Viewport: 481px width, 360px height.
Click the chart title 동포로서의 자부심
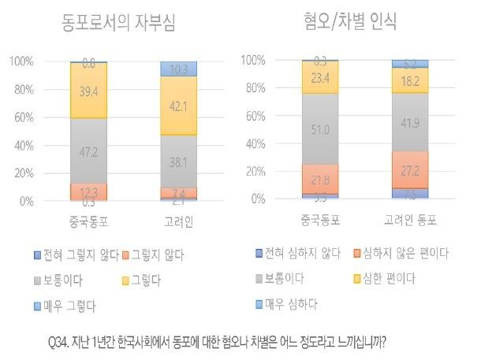pos(118,22)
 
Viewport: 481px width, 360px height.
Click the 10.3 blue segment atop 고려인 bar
pos(178,69)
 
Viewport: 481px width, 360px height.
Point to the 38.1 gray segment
pos(178,161)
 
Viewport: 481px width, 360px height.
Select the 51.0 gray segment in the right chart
pos(320,129)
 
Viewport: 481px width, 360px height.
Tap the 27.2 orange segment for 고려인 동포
pos(410,169)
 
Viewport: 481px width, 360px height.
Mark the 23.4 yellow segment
pos(320,77)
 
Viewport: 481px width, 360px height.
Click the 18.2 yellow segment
pos(410,80)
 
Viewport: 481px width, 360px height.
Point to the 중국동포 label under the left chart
pos(88,221)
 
